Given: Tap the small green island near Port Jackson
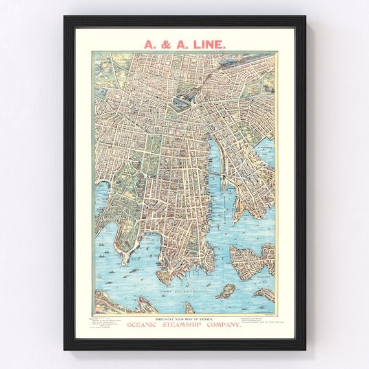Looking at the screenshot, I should coord(227,290).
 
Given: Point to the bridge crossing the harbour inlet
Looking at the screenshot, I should coord(223,175).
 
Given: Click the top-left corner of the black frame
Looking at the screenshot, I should coord(65,17).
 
